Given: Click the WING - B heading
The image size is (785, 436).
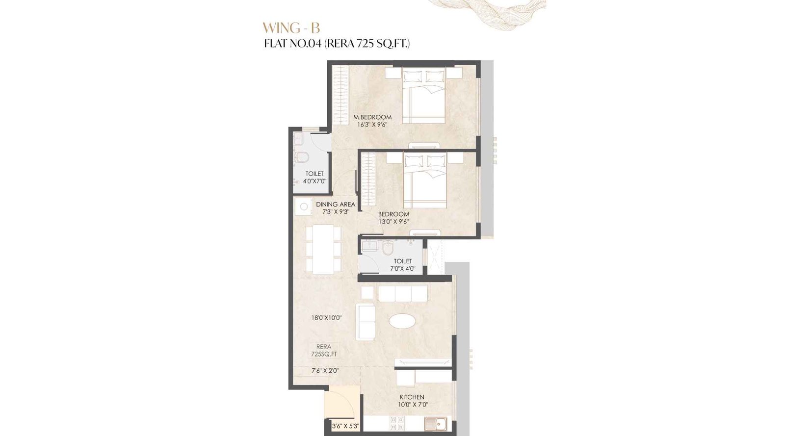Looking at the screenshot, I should pos(291,27).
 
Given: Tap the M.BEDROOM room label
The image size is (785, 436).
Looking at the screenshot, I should pos(372,117).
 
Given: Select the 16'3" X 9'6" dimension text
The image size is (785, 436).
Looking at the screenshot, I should pos(372,125).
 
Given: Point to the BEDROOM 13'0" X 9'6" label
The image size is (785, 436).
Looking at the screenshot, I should pos(393,218).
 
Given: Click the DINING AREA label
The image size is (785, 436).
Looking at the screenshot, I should pos(336,205).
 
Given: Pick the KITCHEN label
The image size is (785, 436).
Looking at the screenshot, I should pos(412,397).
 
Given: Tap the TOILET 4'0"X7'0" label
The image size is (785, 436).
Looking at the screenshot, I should pos(314,177).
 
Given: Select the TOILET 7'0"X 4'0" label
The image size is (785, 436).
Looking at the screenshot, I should pos(402,265).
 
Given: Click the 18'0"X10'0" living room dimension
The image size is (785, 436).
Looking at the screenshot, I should pos(326,318).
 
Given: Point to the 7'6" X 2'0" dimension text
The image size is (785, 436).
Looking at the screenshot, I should pos(325,371).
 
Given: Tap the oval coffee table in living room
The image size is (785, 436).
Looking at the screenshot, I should pos(402,321).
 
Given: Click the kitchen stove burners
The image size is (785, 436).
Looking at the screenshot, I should pos(397,423).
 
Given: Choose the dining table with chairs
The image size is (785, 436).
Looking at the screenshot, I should pos(323,249).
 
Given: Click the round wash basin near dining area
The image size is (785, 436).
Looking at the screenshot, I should pos(304,207).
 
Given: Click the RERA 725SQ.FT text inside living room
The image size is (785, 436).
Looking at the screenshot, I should pos(324,350).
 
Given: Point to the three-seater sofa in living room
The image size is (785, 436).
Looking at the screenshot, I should pos(403,293).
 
